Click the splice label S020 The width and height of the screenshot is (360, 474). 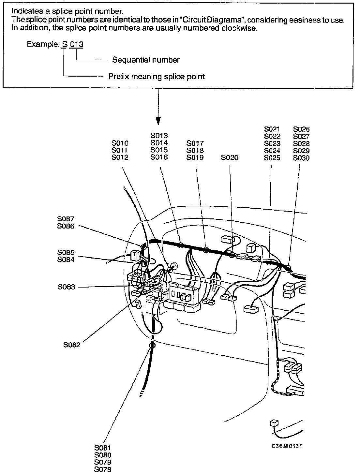pyautogui.click(x=230, y=158)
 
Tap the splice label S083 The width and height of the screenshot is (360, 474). pyautogui.click(x=66, y=287)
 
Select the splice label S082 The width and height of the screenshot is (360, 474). pyautogui.click(x=72, y=345)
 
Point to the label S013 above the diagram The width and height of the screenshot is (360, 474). pyautogui.click(x=159, y=136)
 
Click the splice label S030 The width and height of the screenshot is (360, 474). pyautogui.click(x=301, y=158)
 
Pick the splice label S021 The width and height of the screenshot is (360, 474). pyautogui.click(x=272, y=129)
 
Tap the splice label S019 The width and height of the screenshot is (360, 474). pyautogui.click(x=195, y=158)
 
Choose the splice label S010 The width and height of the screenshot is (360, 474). pyautogui.click(x=120, y=143)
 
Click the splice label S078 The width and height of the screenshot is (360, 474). pyautogui.click(x=103, y=469)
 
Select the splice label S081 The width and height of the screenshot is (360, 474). pyautogui.click(x=103, y=448)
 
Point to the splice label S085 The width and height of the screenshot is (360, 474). pyautogui.click(x=66, y=252)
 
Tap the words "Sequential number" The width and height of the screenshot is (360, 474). pyautogui.click(x=146, y=60)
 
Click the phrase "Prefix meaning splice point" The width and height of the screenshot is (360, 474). pyautogui.click(x=157, y=77)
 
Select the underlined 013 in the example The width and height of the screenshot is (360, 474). pyautogui.click(x=77, y=44)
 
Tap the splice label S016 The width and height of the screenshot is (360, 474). pyautogui.click(x=159, y=157)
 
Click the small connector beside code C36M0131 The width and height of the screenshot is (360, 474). pyautogui.click(x=274, y=424)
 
